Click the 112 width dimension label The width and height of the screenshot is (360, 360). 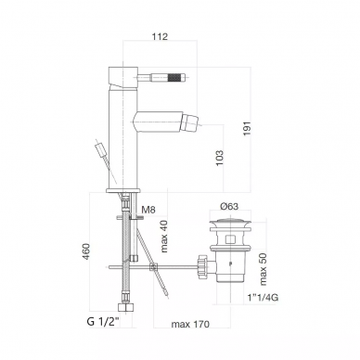click(160, 36)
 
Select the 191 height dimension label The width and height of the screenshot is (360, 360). click(248, 128)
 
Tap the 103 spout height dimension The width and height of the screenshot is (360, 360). click(220, 158)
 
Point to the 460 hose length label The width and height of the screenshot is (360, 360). click(86, 251)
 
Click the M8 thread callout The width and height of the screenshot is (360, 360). click(148, 210)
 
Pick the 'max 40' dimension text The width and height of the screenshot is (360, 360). click(163, 237)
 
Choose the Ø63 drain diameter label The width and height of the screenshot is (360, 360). click(229, 207)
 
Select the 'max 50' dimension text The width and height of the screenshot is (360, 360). click(263, 269)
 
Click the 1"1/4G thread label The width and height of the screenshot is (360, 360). click(263, 298)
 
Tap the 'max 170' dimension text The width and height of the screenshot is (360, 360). click(190, 324)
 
